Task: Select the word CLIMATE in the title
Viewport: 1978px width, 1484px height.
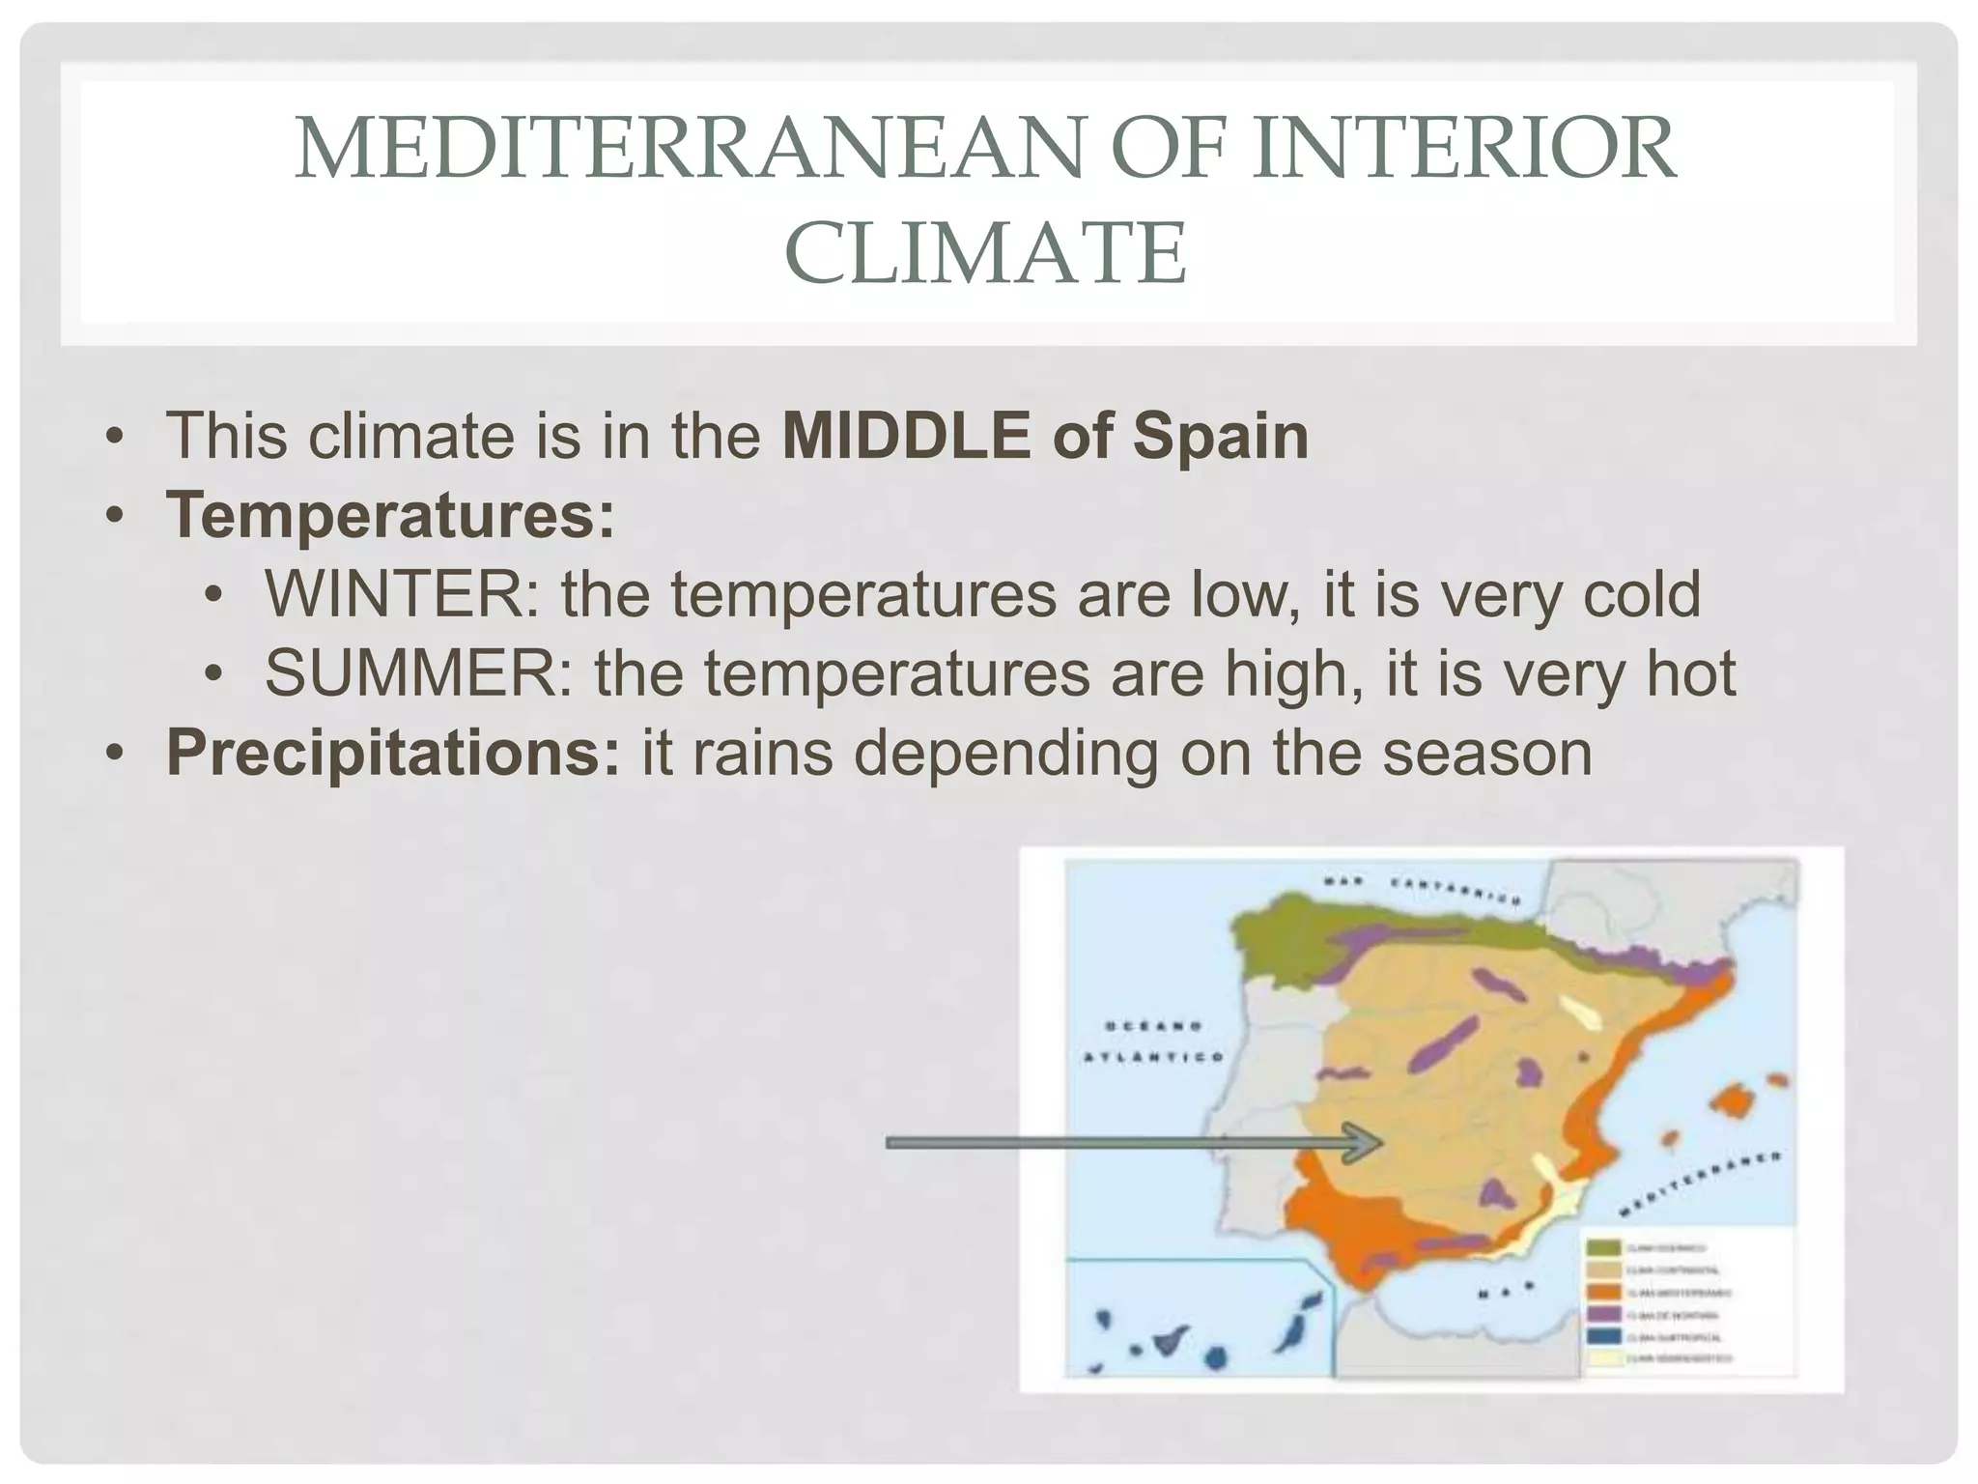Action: coord(985,253)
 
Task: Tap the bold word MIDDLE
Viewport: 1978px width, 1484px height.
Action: coord(906,436)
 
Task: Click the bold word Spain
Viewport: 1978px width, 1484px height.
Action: coord(1221,436)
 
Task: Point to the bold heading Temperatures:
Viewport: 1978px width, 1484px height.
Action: coord(390,515)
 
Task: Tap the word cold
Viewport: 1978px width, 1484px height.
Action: coord(1641,594)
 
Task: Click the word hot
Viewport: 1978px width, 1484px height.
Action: coord(1691,673)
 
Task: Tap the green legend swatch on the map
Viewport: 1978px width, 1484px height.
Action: coord(1603,1248)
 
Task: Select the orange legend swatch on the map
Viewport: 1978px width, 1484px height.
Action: coord(1603,1293)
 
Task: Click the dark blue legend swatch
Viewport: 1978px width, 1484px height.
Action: coord(1603,1337)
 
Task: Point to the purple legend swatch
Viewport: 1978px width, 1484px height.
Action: coord(1603,1315)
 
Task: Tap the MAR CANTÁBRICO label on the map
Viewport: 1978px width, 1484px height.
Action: coord(1421,890)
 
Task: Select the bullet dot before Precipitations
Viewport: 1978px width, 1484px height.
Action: coord(115,754)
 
